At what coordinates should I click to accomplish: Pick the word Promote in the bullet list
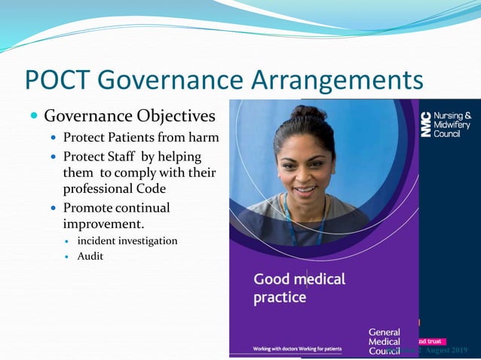[89, 208]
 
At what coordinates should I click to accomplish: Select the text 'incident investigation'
[127, 241]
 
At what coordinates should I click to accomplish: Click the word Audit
[90, 256]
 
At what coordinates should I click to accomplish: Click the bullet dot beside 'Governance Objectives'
[34, 117]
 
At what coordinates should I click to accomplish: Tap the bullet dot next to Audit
[66, 257]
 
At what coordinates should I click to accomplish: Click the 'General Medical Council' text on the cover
[384, 341]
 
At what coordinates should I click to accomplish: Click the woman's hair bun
[308, 114]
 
